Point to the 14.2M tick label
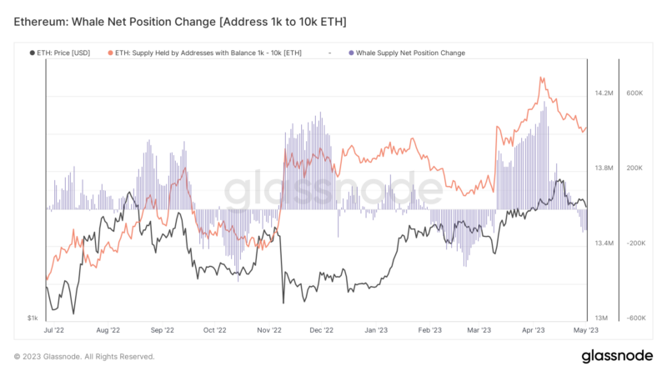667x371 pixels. click(604, 93)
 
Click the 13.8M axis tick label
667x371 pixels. click(604, 168)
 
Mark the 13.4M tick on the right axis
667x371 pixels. click(604, 243)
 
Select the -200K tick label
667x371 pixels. click(635, 243)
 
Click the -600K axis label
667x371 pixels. click(635, 318)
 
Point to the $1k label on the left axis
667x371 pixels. click(32, 318)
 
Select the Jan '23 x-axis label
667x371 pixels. click(377, 330)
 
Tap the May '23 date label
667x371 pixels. click(584, 330)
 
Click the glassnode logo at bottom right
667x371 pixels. click(617, 356)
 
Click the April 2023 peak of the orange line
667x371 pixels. click(542, 78)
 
